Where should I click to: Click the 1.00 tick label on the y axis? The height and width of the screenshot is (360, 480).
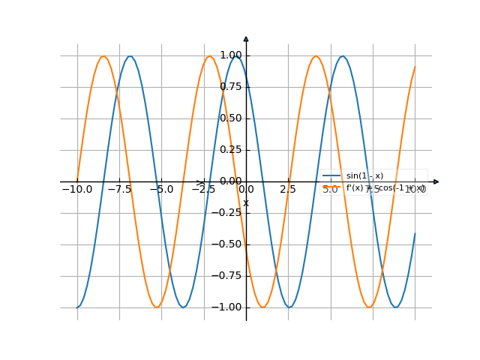click(x=231, y=55)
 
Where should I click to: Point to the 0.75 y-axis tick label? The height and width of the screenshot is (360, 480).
click(x=231, y=87)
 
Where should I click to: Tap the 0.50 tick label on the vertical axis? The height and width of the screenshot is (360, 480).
click(x=231, y=118)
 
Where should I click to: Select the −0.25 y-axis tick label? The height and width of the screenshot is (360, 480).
click(x=229, y=213)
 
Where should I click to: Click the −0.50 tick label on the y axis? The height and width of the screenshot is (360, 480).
click(x=229, y=244)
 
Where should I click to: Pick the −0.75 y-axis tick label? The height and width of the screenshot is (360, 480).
click(x=229, y=276)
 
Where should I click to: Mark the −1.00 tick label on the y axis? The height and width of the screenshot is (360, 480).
click(x=229, y=307)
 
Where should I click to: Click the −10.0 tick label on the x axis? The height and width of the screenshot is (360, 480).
click(x=76, y=190)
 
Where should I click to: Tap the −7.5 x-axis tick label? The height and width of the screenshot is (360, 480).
click(x=118, y=190)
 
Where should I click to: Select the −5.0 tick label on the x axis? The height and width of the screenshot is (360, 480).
click(x=161, y=190)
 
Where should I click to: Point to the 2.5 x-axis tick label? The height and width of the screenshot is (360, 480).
click(x=288, y=190)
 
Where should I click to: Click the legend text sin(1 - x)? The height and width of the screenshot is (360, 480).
click(x=364, y=176)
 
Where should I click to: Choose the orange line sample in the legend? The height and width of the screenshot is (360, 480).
click(x=332, y=188)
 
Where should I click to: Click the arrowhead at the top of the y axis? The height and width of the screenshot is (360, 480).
click(x=246, y=38)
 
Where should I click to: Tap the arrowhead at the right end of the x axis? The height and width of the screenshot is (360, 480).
click(x=436, y=181)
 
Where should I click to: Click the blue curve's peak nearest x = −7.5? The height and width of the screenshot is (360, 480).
click(x=130, y=56)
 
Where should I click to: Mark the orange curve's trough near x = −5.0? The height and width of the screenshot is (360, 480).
click(x=157, y=307)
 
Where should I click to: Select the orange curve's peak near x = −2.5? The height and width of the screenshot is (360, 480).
click(x=210, y=56)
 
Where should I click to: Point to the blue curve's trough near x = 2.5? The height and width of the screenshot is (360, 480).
click(x=289, y=307)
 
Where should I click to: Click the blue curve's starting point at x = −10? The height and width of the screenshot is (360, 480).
click(x=77, y=307)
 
